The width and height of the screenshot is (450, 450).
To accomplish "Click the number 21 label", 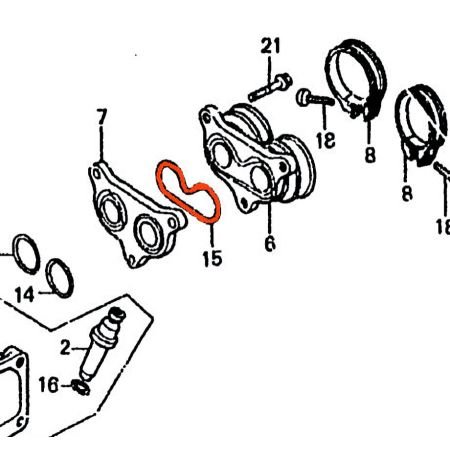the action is point(270,46).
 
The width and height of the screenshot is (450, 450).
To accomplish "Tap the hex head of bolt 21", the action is point(284,81).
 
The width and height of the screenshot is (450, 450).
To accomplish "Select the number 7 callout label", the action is point(102,117).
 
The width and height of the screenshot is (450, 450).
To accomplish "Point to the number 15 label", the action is point(212,258).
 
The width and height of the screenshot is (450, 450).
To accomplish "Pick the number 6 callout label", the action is point(270,243).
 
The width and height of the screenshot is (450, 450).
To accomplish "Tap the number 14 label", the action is point(25,295).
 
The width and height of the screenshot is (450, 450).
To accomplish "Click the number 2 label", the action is point(65,348).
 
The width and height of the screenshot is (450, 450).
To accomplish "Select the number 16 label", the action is point(49,385).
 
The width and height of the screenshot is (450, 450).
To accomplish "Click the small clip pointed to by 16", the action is point(81,387).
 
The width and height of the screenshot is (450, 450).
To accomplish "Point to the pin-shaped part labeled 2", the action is point(102,343).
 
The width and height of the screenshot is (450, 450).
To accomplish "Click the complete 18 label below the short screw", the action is point(325,140).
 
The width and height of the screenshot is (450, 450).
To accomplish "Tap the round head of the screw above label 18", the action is point(303,97).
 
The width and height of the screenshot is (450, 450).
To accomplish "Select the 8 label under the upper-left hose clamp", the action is point(370,155).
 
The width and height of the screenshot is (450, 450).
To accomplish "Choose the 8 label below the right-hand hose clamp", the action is point(407,193).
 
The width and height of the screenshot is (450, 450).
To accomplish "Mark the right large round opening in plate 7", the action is point(149,232).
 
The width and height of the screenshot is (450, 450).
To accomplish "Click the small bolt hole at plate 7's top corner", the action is point(97,173).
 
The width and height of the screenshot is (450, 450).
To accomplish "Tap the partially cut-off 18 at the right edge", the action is point(443,227).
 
